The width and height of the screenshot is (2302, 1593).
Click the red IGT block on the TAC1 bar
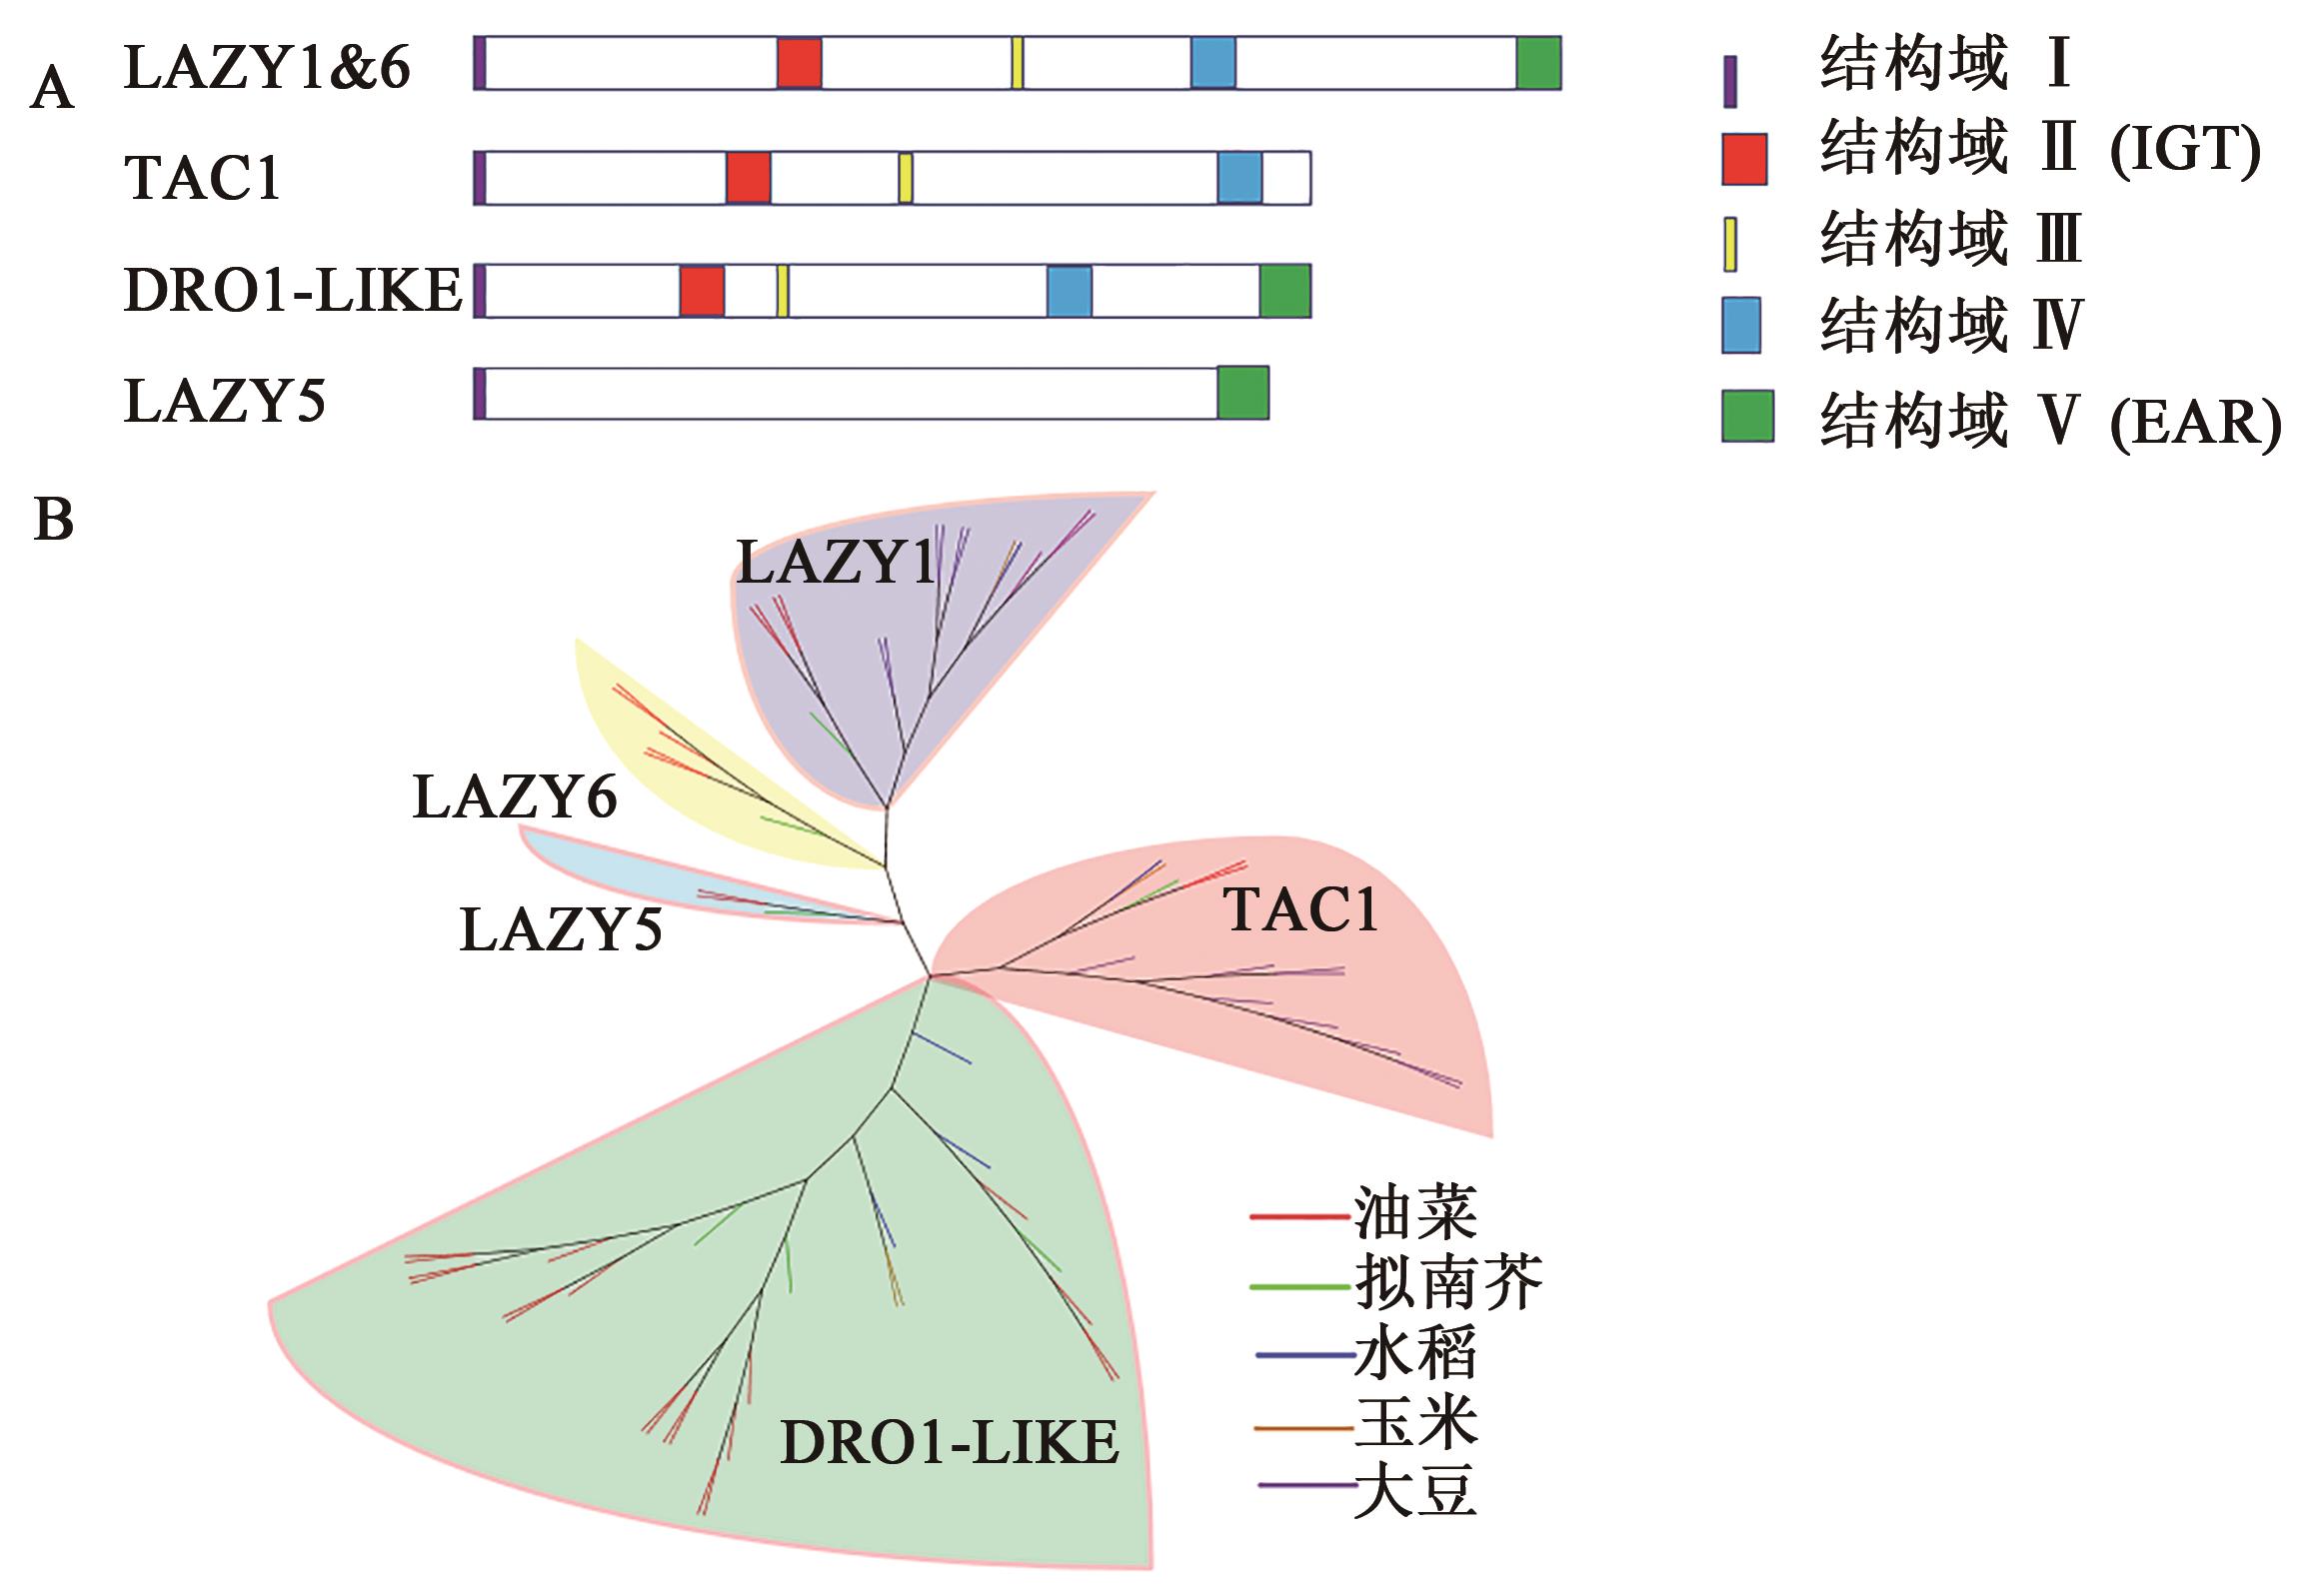(x=748, y=178)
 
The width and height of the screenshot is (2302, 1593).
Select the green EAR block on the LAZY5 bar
(x=1242, y=392)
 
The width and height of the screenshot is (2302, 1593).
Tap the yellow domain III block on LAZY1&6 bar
(x=1017, y=62)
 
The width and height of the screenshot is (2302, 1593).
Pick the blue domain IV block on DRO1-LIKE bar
(x=1069, y=291)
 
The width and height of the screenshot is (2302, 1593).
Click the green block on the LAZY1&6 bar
(x=1538, y=62)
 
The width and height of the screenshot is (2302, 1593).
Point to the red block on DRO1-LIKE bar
(x=702, y=291)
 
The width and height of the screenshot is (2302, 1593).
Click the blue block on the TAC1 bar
(x=1239, y=178)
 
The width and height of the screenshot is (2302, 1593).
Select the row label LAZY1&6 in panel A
(x=267, y=68)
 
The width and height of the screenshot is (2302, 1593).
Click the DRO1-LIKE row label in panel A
(x=293, y=291)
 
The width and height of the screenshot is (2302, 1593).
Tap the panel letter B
(x=54, y=520)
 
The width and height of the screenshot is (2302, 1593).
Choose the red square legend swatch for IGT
(x=1744, y=159)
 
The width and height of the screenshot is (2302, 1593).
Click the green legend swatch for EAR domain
(x=1747, y=416)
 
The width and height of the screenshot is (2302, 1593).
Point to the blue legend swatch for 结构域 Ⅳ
(x=1741, y=326)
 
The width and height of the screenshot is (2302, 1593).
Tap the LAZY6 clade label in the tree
(x=515, y=798)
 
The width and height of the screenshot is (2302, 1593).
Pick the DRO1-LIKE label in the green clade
(x=950, y=1442)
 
